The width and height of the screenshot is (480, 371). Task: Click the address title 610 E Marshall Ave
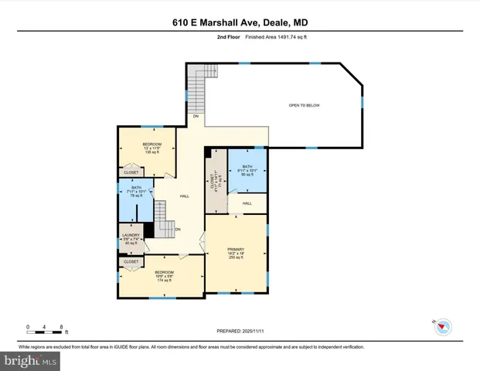point(240,23)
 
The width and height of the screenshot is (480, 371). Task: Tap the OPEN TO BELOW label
point(304,105)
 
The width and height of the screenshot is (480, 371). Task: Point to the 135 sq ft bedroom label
point(151,148)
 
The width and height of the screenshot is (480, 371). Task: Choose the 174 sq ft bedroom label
point(163,276)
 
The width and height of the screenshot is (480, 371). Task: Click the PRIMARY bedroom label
point(236,253)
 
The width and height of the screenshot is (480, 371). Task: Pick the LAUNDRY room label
point(130,240)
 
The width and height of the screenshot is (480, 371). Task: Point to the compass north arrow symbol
point(441,327)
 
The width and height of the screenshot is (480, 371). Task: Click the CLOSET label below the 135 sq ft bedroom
point(131,172)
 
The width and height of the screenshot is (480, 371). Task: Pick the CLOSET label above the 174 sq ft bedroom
point(131,262)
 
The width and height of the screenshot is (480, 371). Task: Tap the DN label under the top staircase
point(196,116)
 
